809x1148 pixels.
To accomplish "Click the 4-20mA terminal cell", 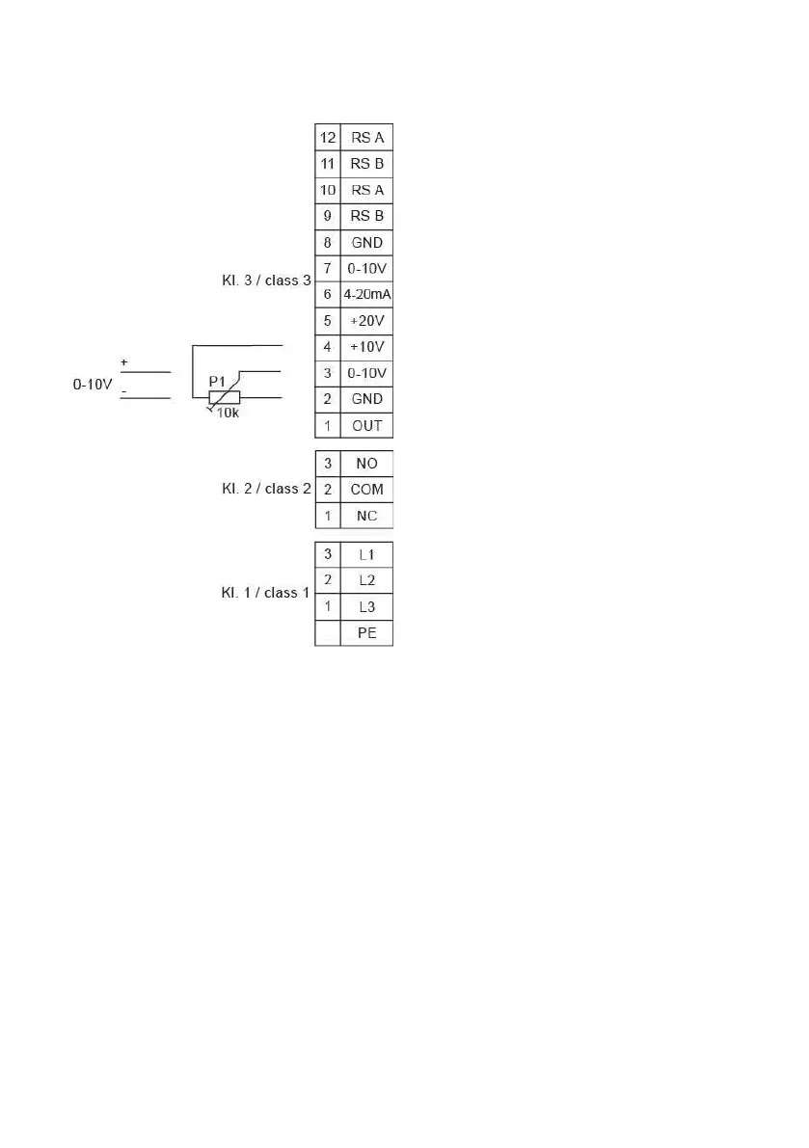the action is tap(366, 294).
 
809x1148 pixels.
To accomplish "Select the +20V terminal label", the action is tap(366, 320).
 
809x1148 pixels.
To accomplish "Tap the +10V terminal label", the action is tap(366, 346).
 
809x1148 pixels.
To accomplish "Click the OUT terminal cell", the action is tap(366, 425).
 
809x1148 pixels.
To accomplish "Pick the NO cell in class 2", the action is tap(366, 464).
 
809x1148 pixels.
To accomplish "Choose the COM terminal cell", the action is tap(366, 490).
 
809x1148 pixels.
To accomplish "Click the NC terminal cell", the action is tap(366, 516).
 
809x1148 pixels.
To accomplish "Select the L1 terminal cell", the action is tap(366, 554).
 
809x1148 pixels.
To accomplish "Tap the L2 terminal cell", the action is tap(366, 580).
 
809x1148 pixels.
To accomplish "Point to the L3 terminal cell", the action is tap(366, 607).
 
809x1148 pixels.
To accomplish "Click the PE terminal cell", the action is tap(366, 633).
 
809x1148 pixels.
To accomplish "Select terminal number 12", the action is tap(328, 138).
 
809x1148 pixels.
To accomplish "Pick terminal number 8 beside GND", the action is tap(328, 242).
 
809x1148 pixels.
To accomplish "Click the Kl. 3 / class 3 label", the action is tap(266, 281).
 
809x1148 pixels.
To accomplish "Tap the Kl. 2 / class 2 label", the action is tap(266, 489).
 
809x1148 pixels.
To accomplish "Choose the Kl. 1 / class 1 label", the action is tap(266, 593).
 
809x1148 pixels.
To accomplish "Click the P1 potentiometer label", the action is tap(218, 382).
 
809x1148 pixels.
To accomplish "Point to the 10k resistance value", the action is tap(228, 413).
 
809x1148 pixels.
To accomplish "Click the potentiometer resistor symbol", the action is tap(225, 397).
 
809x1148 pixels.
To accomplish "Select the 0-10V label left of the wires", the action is tap(94, 384).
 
